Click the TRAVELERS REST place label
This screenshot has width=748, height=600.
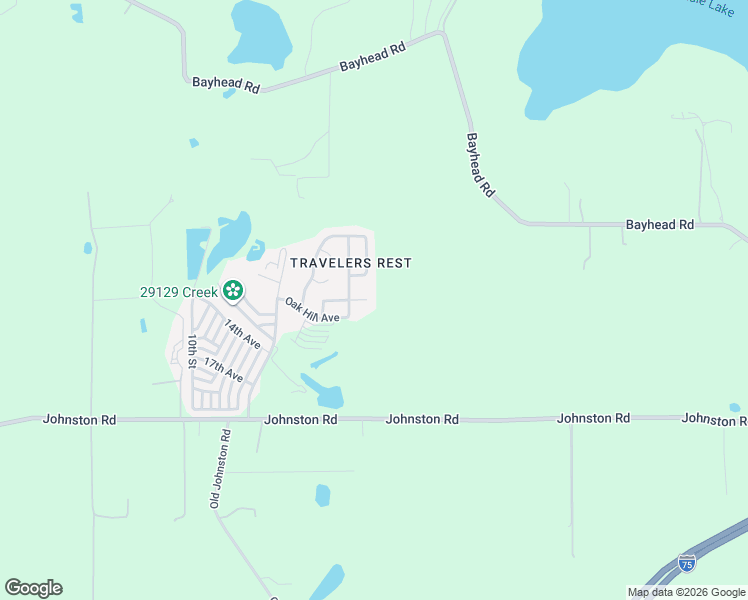350,263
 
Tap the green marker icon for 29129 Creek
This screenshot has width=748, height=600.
233,291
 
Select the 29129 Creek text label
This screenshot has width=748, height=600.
178,291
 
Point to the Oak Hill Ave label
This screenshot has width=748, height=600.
312,310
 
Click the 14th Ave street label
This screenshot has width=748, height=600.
242,334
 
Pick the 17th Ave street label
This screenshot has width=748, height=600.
223,368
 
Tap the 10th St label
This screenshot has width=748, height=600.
192,352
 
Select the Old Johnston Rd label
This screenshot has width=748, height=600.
220,469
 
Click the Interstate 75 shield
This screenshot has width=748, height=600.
687,563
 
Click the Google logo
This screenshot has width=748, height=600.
33,588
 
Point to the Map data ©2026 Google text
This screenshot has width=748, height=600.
686,592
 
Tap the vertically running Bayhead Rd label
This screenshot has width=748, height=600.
481,164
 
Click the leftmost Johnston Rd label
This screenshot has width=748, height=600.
79,420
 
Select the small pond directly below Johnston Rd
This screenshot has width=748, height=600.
323,495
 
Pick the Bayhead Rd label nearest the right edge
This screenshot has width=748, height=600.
660,225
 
